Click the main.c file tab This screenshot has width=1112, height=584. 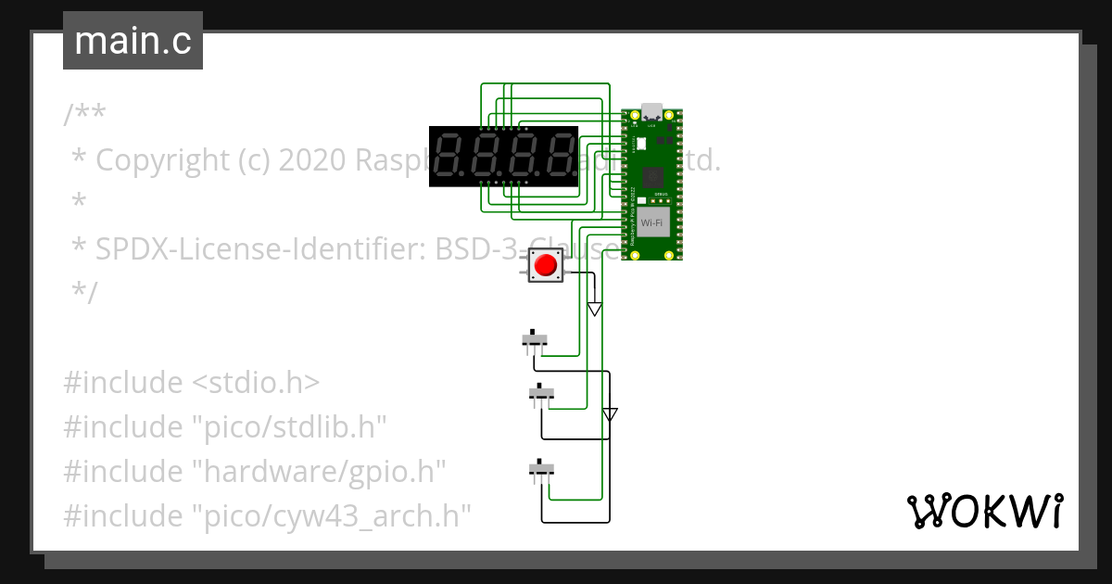[x=133, y=42]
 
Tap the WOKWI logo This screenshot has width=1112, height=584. [x=983, y=511]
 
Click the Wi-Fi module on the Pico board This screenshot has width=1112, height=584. [x=651, y=222]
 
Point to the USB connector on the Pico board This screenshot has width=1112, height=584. [x=651, y=111]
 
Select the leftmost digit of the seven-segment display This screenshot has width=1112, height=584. [x=449, y=156]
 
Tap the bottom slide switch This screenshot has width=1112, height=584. [x=541, y=469]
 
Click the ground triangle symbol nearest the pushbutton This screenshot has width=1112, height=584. [x=595, y=309]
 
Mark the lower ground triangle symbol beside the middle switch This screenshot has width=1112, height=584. [x=609, y=413]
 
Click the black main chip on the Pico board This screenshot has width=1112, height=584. [x=652, y=176]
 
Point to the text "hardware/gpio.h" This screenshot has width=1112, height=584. [x=318, y=471]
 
